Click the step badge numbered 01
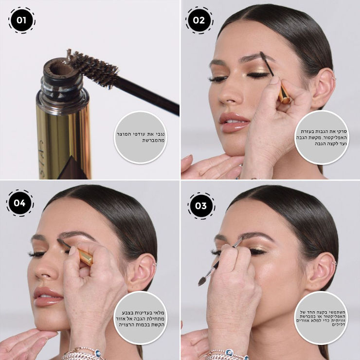coord(22,20)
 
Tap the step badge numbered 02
coord(199,20)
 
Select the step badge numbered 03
coord(201,206)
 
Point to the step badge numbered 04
coord(20,203)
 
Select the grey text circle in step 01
coord(140,137)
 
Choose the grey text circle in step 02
coord(322,137)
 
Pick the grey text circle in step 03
coord(321,318)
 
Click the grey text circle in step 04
coord(140,318)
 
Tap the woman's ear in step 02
coord(323,89)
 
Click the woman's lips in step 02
coord(234,122)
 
